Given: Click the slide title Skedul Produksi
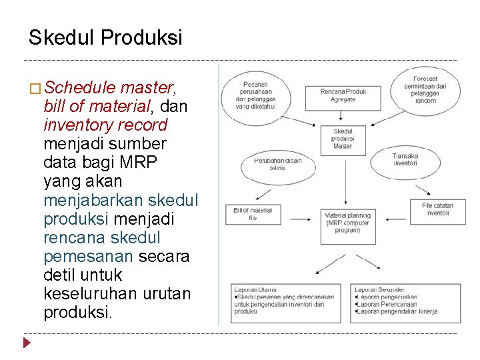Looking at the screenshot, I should (105, 38).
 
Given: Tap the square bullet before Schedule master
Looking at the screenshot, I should (35, 88).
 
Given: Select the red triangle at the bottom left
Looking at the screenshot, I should (27, 343).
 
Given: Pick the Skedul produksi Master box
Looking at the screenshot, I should (343, 139).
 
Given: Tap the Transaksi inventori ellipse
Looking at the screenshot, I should (405, 161).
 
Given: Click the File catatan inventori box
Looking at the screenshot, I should (437, 210).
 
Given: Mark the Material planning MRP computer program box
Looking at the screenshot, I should (347, 223).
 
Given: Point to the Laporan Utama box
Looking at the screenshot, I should (285, 304).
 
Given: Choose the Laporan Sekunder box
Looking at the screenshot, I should (405, 304).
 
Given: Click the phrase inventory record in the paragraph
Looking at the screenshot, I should (105, 125).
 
